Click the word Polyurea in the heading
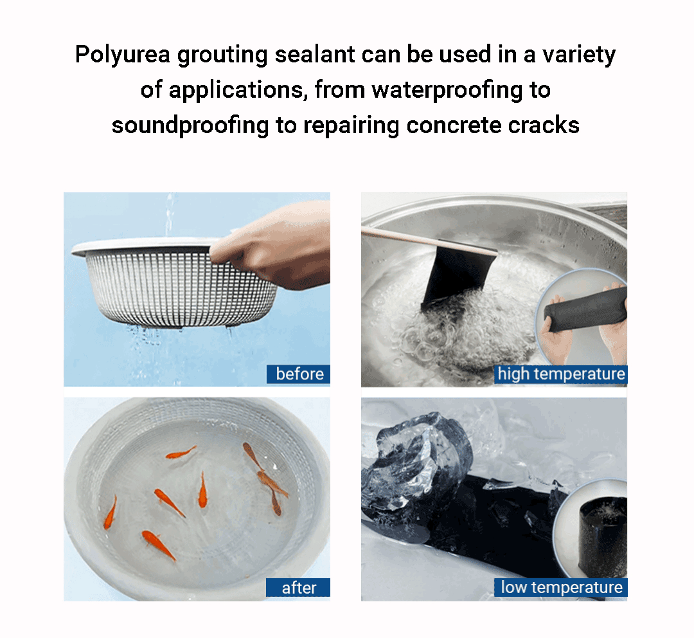click(x=123, y=55)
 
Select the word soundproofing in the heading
click(x=190, y=126)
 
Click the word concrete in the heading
click(x=454, y=125)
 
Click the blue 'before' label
click(x=298, y=374)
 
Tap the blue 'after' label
click(x=298, y=587)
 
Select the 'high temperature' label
click(x=561, y=374)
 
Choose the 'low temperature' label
click(x=561, y=587)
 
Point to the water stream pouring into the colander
click(x=168, y=214)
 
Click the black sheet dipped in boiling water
click(x=456, y=275)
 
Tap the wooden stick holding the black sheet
click(x=425, y=241)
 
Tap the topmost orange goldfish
click(x=181, y=453)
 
